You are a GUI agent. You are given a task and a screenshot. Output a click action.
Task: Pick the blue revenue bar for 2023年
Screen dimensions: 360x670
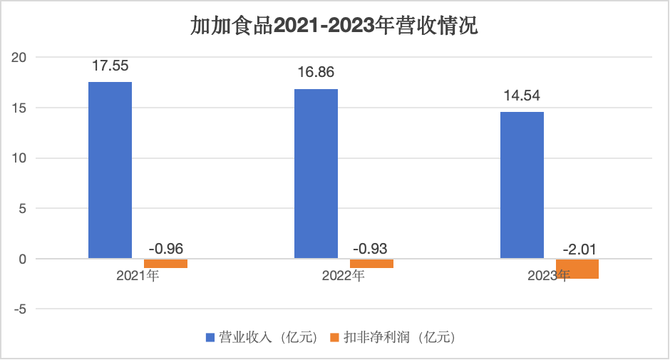coord(522,185)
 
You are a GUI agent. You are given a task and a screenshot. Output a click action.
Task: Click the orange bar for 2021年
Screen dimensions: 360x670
coord(165,264)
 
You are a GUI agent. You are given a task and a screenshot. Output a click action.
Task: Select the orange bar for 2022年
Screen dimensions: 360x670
coord(371,264)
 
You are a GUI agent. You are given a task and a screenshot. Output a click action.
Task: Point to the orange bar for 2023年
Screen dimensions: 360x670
coord(577,269)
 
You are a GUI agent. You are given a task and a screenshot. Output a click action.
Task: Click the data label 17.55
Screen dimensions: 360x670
coord(110,66)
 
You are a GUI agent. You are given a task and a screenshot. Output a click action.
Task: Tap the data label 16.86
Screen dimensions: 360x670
coord(316,72)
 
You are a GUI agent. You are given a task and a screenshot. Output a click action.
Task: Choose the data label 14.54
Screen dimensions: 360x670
coord(522,95)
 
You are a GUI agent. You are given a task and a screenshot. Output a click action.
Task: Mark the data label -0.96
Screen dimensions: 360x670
coord(166,249)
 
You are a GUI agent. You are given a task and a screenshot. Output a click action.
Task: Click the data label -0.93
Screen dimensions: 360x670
coord(371,249)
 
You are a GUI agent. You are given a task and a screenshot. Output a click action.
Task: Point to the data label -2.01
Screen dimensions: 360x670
coord(578,249)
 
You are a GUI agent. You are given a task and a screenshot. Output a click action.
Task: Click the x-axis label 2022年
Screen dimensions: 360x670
coord(344,275)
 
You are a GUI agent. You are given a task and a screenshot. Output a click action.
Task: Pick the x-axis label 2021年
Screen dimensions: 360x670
coord(138,275)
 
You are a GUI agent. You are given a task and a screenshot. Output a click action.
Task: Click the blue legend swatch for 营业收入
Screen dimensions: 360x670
coord(210,336)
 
